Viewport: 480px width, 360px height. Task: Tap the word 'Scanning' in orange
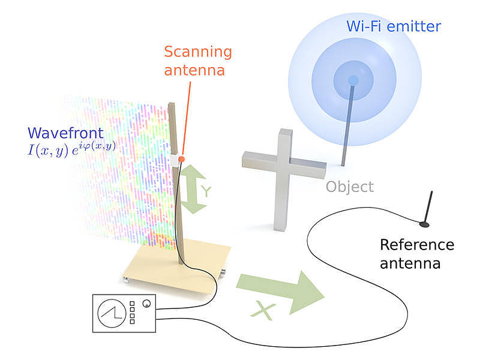click(x=197, y=51)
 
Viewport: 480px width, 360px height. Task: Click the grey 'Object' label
click(x=350, y=187)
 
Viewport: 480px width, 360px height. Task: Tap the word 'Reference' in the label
click(x=417, y=245)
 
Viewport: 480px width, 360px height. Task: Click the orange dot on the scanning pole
click(x=181, y=158)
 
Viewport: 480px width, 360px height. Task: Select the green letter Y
click(x=206, y=191)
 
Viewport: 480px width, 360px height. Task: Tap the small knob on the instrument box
click(x=146, y=304)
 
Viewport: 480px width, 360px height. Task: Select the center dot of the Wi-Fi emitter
click(x=353, y=80)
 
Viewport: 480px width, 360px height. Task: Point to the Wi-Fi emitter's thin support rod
click(x=347, y=126)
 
